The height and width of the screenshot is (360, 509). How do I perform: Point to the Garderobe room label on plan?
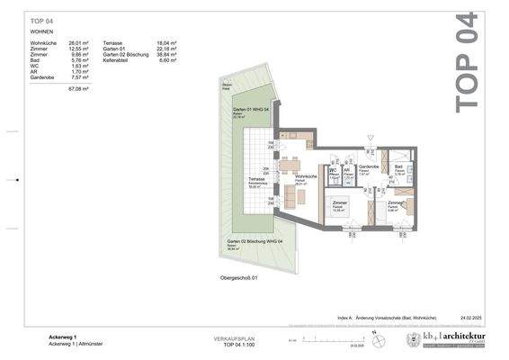[x=368, y=166]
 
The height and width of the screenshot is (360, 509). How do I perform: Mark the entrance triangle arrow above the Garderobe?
[x=369, y=137]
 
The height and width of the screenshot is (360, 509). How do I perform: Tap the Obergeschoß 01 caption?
[x=238, y=278]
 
